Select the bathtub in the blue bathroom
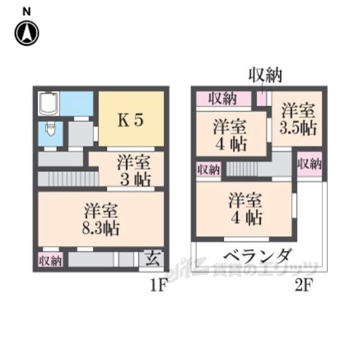[49, 103]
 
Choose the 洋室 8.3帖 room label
[101, 219]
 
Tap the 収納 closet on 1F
[50, 260]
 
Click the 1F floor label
[159, 285]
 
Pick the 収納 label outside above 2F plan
[265, 75]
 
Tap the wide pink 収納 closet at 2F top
[223, 99]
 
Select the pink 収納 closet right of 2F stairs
[309, 164]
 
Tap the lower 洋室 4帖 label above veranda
[245, 209]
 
